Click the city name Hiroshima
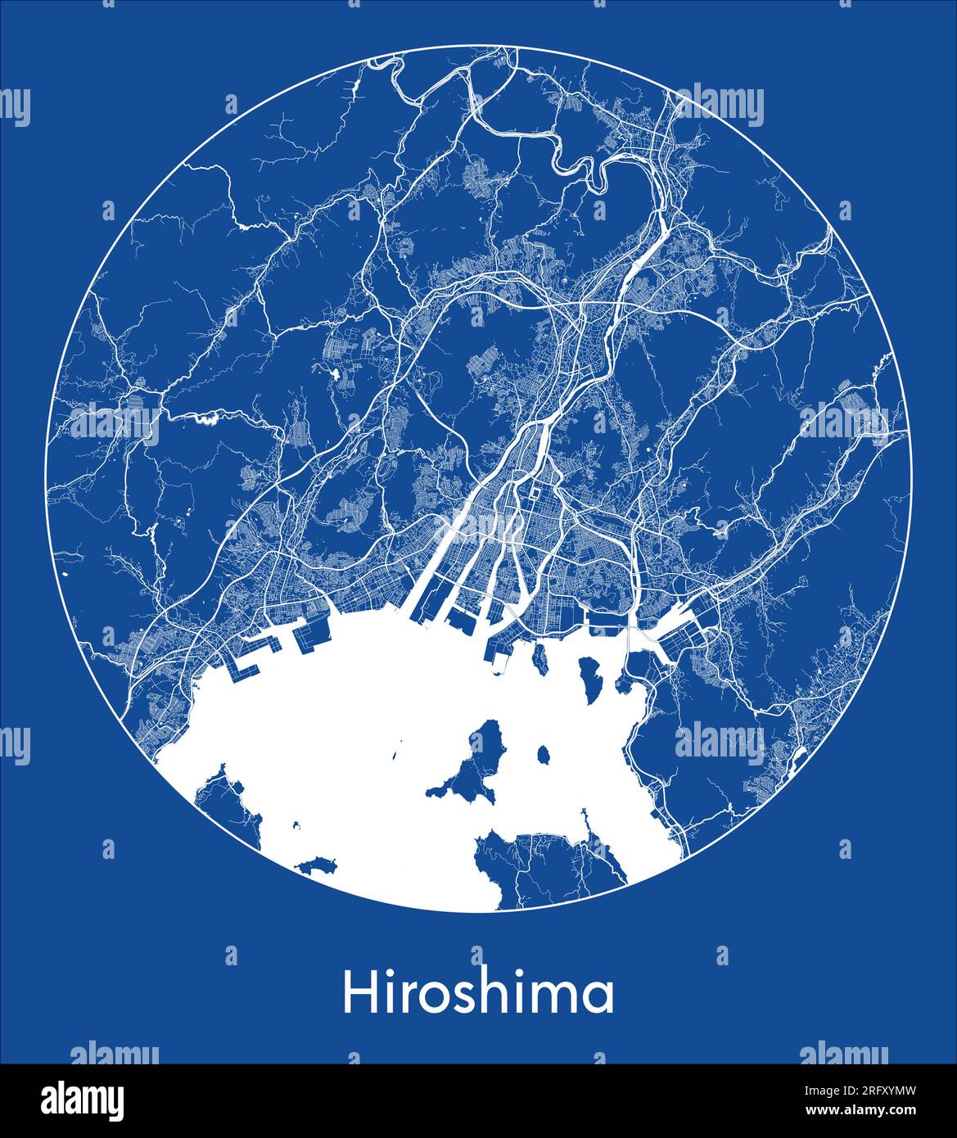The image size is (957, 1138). coord(478,993)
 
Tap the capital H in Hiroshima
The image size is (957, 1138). coord(357,993)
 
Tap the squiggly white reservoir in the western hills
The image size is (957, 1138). coord(205,420)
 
